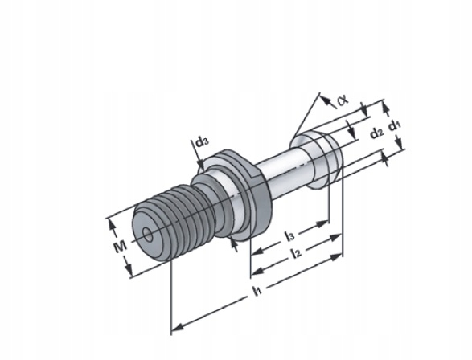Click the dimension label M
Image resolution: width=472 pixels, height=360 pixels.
click(120, 247)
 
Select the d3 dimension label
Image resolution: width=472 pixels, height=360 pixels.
click(202, 141)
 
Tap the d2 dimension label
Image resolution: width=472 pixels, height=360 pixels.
click(377, 133)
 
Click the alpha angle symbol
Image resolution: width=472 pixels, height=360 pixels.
click(342, 100)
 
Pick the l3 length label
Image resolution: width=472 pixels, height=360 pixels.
click(290, 235)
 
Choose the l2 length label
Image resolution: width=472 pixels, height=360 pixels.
click(297, 253)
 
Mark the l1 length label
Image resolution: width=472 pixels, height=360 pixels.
click(257, 291)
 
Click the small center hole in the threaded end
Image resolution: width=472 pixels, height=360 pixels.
click(148, 235)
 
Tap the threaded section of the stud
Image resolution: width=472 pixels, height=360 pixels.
click(174, 221)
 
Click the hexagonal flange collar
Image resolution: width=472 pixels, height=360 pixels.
click(238, 193)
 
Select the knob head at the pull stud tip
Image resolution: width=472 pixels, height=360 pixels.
click(316, 161)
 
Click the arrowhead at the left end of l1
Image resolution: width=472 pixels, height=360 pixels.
click(178, 327)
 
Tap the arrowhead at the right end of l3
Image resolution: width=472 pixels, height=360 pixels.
click(322, 223)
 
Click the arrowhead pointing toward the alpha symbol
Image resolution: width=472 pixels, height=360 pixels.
click(325, 100)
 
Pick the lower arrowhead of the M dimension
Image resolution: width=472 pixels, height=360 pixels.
click(129, 268)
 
